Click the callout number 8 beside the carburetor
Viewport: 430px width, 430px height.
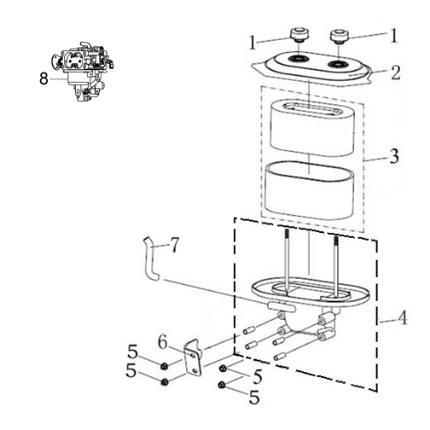tap(44, 78)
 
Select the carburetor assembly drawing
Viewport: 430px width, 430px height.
tap(83, 72)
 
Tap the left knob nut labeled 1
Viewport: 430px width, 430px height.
tap(299, 35)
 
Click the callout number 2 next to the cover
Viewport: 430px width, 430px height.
tap(395, 73)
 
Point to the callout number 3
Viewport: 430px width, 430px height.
tap(394, 156)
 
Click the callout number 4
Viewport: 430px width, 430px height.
tap(402, 318)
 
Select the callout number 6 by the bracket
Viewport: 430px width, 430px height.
tap(162, 342)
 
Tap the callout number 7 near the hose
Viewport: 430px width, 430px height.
tap(175, 245)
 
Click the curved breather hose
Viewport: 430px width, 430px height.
tap(151, 259)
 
